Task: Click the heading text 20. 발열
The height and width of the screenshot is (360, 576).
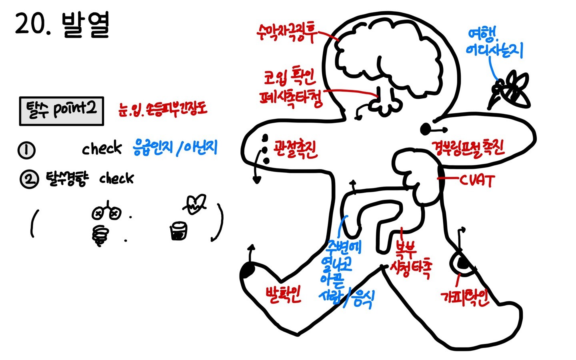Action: [x=62, y=25]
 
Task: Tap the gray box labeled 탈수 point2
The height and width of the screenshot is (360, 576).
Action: [x=62, y=111]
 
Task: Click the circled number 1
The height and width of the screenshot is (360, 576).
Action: [x=26, y=150]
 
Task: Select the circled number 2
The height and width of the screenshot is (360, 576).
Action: [x=29, y=179]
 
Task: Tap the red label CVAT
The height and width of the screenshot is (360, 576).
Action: [x=476, y=180]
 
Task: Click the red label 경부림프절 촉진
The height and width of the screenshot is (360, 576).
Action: [x=467, y=148]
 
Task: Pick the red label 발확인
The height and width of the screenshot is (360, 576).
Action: [x=283, y=295]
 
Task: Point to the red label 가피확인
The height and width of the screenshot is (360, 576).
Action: [x=465, y=297]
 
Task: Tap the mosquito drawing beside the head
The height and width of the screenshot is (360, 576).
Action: [x=510, y=90]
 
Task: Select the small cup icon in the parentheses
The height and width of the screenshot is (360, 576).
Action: [x=178, y=231]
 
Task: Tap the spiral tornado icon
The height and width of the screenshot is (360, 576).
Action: [x=100, y=235]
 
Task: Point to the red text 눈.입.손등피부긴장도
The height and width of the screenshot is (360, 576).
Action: [x=163, y=108]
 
